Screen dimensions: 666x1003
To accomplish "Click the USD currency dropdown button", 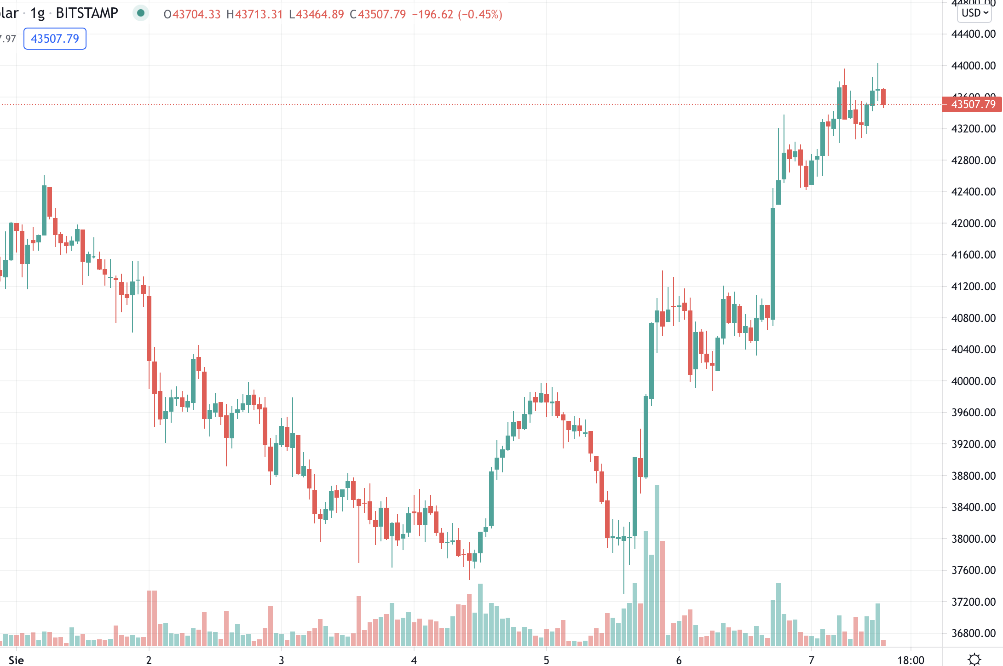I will [974, 13].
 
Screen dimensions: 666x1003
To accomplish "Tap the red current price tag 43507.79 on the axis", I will [973, 104].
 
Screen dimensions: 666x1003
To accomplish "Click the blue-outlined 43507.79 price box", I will [55, 39].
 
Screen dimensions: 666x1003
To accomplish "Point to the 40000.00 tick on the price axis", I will [973, 381].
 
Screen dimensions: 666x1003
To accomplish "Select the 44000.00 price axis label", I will [973, 65].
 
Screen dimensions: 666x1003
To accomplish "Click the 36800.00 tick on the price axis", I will [973, 633].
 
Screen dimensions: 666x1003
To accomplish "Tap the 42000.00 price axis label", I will [973, 223].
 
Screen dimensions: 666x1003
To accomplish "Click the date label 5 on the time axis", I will [546, 660].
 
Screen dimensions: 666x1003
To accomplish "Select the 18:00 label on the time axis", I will [911, 660].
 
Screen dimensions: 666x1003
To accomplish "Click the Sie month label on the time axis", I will [16, 660].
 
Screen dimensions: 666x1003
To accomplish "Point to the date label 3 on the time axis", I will [281, 660].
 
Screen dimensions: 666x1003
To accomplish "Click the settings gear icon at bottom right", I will [974, 659].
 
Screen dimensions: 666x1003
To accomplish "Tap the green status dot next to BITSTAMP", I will [141, 13].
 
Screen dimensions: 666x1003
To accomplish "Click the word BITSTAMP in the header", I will [87, 13].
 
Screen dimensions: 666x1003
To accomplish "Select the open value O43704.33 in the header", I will [192, 14].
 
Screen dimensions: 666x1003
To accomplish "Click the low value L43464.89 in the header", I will [316, 14].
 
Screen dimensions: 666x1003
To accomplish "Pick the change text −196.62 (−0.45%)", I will [457, 14].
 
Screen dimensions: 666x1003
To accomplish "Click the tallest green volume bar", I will [657, 566].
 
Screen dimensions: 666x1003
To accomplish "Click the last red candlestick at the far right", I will [883, 97].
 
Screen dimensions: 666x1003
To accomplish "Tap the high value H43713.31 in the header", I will [254, 14].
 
